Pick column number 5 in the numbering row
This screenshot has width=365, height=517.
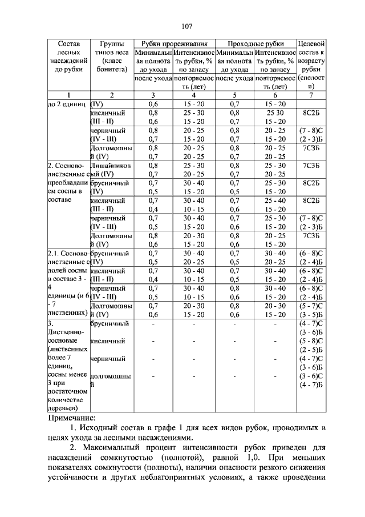(x=235, y=95)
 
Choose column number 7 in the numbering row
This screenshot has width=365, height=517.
(x=311, y=95)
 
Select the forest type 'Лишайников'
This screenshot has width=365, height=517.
(x=111, y=165)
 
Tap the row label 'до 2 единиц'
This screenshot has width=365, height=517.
(x=67, y=104)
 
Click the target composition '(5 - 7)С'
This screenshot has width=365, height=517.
(x=311, y=306)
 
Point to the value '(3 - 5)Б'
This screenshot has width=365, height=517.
(x=311, y=314)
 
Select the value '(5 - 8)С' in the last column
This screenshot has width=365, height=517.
(x=311, y=341)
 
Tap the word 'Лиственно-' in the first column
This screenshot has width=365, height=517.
(x=66, y=332)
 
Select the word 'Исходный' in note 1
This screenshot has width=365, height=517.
(x=98, y=427)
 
